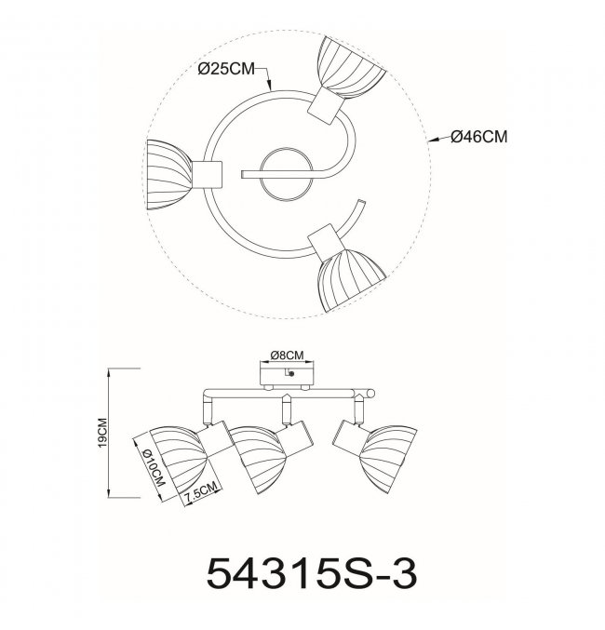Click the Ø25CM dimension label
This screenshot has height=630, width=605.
(226, 69)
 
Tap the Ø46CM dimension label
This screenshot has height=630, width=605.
(479, 137)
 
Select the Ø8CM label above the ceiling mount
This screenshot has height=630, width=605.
(287, 355)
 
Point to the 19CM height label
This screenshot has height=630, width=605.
(102, 433)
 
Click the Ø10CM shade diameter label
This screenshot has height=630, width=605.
(154, 467)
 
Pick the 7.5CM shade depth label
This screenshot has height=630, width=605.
(201, 491)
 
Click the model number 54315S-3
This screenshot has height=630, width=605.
(312, 573)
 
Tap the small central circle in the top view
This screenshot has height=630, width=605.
(285, 174)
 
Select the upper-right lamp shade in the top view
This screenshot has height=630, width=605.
(351, 67)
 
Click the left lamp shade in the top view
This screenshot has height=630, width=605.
(169, 175)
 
